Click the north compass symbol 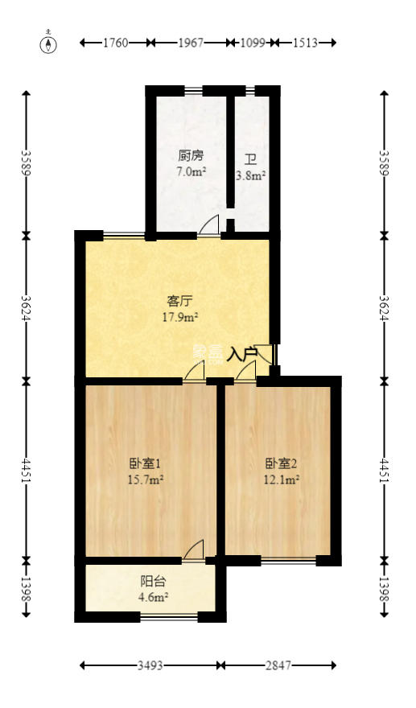tap(50, 43)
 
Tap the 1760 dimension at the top tap(116, 43)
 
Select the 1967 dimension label tap(190, 43)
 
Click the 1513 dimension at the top tap(304, 43)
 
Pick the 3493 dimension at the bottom tap(150, 665)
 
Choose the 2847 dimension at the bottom tap(279, 665)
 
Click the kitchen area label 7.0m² tap(192, 171)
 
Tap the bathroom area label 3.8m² tap(250, 175)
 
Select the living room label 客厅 tap(179, 302)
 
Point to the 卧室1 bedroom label tap(146, 463)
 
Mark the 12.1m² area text tap(282, 480)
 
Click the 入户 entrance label tap(242, 353)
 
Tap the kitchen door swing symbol tap(209, 226)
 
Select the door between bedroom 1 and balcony tap(194, 551)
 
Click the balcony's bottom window tap(169, 617)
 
